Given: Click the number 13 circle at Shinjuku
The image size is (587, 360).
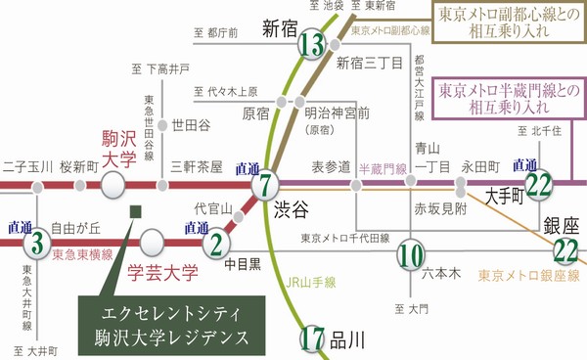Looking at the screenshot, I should (x=313, y=46).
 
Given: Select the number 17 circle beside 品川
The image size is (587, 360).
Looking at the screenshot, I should (x=313, y=339).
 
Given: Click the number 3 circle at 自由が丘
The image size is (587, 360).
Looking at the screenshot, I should (x=37, y=241).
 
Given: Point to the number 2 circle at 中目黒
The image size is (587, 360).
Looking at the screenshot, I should (x=217, y=241).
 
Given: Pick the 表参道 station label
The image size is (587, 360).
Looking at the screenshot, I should (x=331, y=166).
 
